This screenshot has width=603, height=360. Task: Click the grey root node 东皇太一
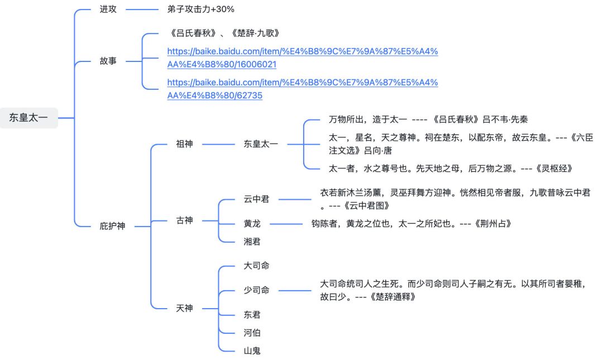coord(28,118)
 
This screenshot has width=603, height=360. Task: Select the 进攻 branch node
coord(108,9)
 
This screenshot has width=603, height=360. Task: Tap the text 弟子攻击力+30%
coord(200,9)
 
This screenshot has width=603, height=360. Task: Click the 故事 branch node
coord(108,61)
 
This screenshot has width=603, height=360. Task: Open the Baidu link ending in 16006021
coord(302,57)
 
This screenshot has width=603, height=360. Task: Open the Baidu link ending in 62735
coord(302,89)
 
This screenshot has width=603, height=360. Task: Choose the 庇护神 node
coord(112,226)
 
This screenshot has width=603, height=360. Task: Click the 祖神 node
coord(184,144)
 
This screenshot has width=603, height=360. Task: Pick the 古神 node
coord(184,220)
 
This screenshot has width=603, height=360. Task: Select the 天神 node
coord(184,308)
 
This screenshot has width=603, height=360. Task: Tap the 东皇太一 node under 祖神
coord(261,144)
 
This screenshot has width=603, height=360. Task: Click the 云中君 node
coord(256,199)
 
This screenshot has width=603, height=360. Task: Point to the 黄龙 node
coord(252,224)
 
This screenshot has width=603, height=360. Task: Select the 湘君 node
coord(252,242)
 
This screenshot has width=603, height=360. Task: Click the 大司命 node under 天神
coord(256,266)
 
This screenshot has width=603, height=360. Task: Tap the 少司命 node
coord(256,290)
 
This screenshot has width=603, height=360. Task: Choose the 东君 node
coord(252,314)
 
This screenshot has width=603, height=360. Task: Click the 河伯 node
coord(252,333)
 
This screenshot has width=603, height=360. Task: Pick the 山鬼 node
coord(252,351)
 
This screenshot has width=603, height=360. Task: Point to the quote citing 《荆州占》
coord(411,224)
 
